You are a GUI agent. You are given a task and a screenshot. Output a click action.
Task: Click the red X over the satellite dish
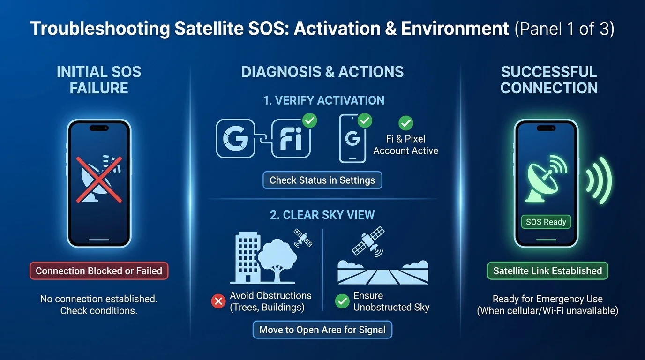pos(99,180)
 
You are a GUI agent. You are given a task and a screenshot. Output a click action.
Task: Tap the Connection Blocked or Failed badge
pos(99,271)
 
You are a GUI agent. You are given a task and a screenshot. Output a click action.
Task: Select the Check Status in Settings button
pos(322,180)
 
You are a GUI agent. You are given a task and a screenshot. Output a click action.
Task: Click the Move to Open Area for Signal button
pos(322,330)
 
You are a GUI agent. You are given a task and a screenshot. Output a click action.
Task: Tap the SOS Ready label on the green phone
pos(546,222)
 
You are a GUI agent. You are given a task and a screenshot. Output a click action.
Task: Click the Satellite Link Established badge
pos(547,271)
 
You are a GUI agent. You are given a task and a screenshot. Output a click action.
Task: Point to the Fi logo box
pos(291,139)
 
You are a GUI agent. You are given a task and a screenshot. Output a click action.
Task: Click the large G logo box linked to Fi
pos(235,139)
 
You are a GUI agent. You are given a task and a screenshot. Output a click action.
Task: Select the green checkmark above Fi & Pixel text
pos(406,123)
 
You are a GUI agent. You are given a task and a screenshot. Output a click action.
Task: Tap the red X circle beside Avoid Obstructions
pos(218,301)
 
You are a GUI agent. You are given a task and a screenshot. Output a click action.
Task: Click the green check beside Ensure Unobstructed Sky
pos(342,301)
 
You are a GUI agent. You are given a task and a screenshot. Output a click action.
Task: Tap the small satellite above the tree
pos(303,238)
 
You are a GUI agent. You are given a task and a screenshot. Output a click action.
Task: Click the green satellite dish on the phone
pos(544,179)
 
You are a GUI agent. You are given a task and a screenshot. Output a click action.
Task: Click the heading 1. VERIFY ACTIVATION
pos(323,100)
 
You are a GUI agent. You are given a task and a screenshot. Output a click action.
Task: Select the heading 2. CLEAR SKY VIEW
pos(322,215)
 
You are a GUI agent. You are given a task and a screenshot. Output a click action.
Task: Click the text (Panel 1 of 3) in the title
pos(564,29)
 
